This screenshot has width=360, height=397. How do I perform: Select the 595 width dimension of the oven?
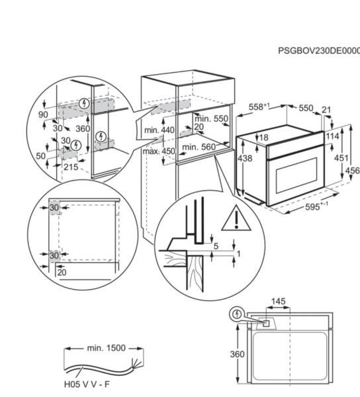pyautogui.click(x=316, y=206)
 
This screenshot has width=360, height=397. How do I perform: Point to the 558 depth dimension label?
pyautogui.click(x=258, y=107)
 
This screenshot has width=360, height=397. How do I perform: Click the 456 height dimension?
pyautogui.click(x=352, y=170)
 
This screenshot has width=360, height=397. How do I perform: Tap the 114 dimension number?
pyautogui.click(x=333, y=136)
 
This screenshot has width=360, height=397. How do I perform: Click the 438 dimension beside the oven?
pyautogui.click(x=245, y=159)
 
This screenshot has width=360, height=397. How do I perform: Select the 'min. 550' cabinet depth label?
pyautogui.click(x=212, y=118)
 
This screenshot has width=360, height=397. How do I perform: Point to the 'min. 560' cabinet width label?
pyautogui.click(x=199, y=147)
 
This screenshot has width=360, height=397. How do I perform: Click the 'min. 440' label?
pyautogui.click(x=159, y=130)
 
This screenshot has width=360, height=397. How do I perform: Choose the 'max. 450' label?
pyautogui.click(x=159, y=151)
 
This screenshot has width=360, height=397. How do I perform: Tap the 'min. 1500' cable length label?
pyautogui.click(x=105, y=347)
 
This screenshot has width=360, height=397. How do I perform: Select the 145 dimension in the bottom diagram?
pyautogui.click(x=278, y=302)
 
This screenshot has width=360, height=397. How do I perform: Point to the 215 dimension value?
pyautogui.click(x=71, y=167)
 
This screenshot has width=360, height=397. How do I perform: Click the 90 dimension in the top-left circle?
pyautogui.click(x=44, y=115)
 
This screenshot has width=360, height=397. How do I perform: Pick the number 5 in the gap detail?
pyautogui.click(x=216, y=246)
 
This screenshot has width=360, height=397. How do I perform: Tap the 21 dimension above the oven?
pyautogui.click(x=326, y=110)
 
